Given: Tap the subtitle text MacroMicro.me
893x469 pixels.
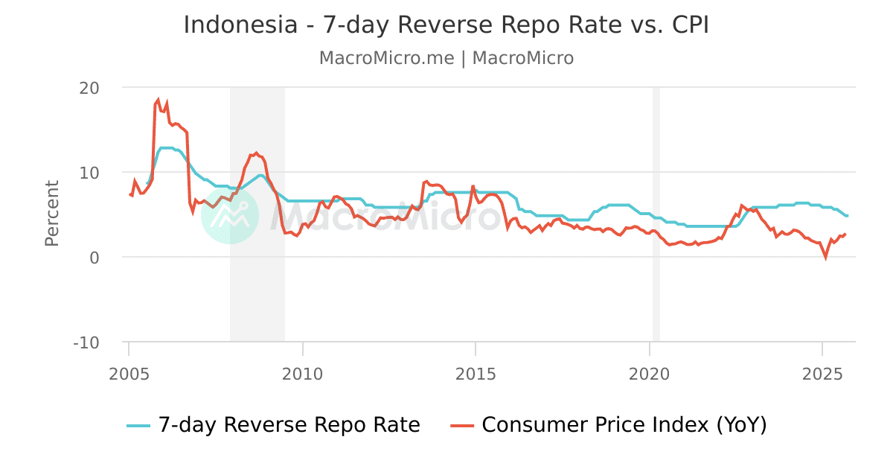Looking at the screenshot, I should pos(386,58).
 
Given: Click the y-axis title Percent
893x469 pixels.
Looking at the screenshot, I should pos(52,214).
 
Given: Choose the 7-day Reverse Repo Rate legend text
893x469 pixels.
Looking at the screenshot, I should pos(289,425).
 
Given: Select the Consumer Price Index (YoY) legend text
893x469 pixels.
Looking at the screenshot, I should pos(624,425).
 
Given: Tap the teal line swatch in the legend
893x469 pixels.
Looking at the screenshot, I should pos(138,426).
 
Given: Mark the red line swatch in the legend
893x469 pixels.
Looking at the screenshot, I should pos(462,426).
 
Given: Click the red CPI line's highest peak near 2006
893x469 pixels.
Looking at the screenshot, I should pos(158,99).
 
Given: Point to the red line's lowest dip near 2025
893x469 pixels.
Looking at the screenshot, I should pos(825,257).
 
